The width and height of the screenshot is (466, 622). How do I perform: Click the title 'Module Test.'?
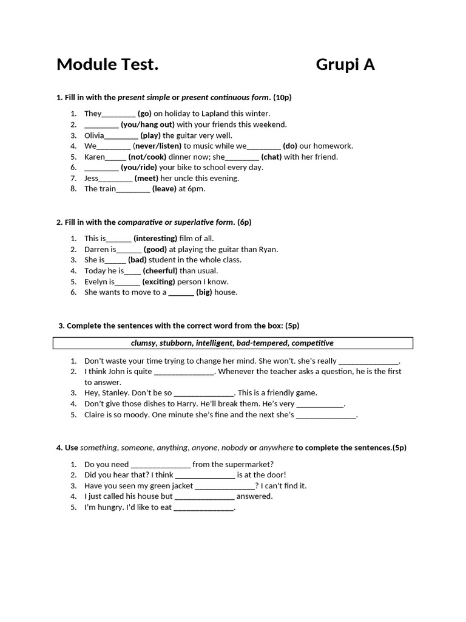107,64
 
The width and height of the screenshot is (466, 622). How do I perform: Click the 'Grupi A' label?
345,64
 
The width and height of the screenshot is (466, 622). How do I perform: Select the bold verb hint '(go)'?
144,114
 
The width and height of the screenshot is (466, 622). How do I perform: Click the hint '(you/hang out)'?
147,125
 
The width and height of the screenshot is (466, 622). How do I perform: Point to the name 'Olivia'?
94,135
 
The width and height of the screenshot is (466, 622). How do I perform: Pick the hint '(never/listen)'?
157,146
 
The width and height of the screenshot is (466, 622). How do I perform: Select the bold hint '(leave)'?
164,189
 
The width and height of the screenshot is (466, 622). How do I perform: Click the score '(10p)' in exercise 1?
282,97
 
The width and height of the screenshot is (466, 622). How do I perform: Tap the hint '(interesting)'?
155,239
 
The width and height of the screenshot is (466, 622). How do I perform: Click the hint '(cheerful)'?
160,271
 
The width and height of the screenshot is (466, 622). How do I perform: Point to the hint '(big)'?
204,292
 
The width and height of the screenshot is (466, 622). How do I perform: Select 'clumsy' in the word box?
143,343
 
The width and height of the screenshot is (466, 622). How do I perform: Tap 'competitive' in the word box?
312,343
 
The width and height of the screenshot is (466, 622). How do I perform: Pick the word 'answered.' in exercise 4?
255,496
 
